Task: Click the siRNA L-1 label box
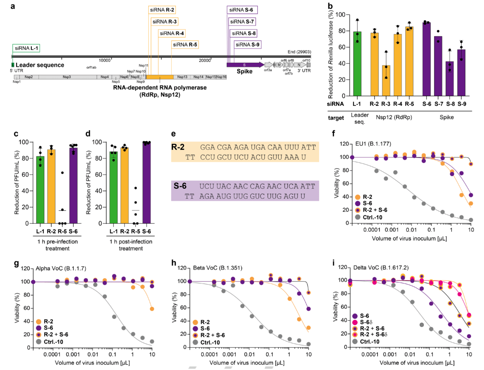pyautogui.click(x=26, y=48)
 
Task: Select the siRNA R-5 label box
pyautogui.click(x=185, y=44)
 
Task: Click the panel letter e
pyautogui.click(x=173, y=134)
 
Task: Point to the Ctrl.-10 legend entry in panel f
pyautogui.click(x=373, y=217)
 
